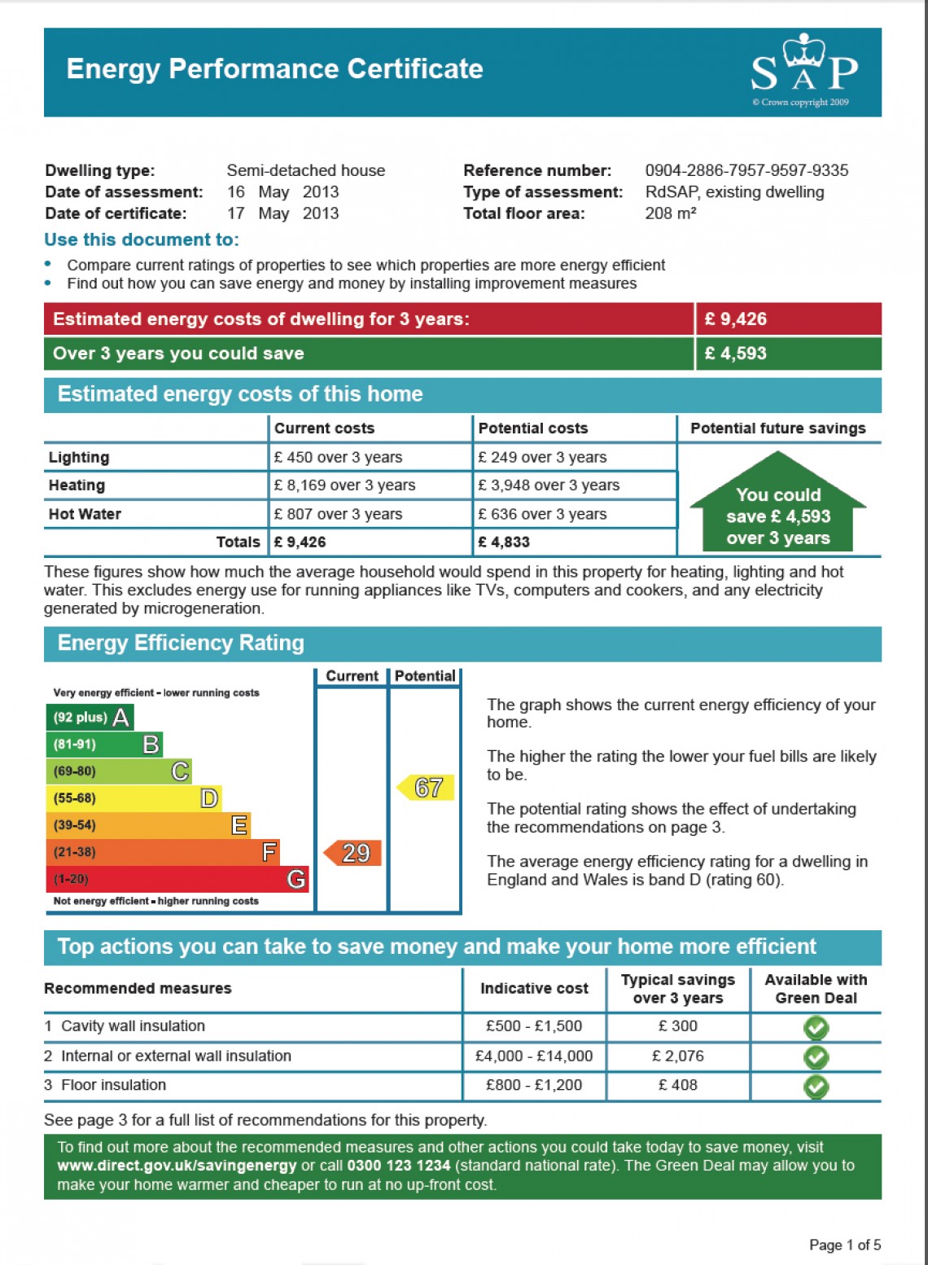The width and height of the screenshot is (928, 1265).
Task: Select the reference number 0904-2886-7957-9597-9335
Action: [x=746, y=170]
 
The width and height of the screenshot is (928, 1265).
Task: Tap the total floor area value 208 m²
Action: [x=670, y=213]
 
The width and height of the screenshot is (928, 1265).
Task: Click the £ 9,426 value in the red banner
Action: [x=736, y=319]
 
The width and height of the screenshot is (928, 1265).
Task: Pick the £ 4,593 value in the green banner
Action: [x=736, y=354]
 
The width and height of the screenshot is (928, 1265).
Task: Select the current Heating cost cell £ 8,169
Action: [x=345, y=485]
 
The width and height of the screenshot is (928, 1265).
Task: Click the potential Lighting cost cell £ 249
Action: [x=542, y=457]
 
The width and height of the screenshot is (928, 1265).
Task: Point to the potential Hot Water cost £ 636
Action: [x=542, y=514]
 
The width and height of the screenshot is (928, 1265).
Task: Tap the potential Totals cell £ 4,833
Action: [x=504, y=542]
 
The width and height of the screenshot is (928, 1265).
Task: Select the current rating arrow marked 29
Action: [x=352, y=853]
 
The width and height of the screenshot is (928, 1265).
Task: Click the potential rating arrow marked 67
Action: [x=425, y=788]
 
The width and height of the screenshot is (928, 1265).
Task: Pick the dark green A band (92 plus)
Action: [x=90, y=718]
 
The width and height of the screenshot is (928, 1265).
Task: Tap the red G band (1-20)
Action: [x=177, y=879]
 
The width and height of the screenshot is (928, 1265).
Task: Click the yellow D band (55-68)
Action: [x=134, y=798]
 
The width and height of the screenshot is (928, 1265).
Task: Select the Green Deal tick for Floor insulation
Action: [x=816, y=1087]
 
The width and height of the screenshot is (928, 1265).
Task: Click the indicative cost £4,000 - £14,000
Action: [x=534, y=1056]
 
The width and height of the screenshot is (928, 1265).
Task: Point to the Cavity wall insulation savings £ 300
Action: [x=678, y=1026]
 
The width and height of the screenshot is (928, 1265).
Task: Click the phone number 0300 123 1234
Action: [x=399, y=1166]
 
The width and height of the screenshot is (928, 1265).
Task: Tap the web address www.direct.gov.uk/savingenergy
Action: [x=177, y=1166]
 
